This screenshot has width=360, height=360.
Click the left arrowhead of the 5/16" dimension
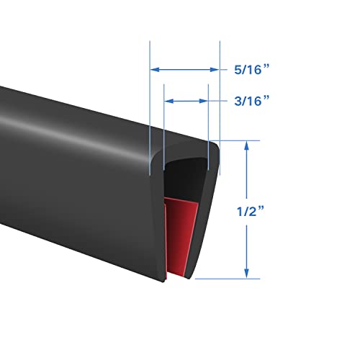point(153,70)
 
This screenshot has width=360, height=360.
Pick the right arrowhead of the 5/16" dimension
point(215,70)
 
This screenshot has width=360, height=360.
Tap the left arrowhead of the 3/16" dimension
point(168,102)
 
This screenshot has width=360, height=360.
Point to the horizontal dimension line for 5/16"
point(184,70)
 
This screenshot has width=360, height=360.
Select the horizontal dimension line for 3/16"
point(186,102)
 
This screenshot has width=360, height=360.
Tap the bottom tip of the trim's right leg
point(189,277)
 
